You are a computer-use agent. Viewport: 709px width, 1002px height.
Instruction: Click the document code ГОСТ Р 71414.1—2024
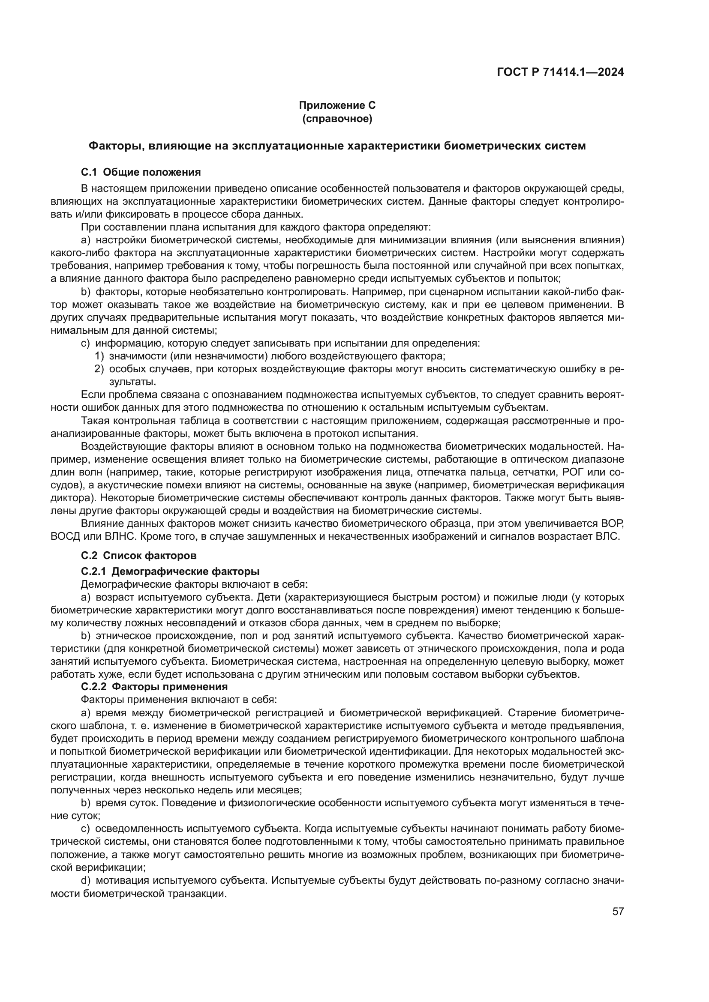(x=560, y=72)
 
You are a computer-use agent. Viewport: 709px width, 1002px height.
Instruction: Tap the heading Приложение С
(x=337, y=105)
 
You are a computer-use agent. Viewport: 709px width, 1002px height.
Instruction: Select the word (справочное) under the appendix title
(x=337, y=119)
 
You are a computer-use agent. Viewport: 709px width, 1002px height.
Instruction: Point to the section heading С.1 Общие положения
(x=141, y=172)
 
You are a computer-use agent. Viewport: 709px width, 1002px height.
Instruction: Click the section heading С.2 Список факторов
(x=138, y=556)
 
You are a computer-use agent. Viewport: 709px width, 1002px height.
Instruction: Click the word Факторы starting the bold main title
(x=115, y=146)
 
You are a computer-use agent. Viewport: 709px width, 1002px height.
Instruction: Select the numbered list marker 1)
(x=99, y=356)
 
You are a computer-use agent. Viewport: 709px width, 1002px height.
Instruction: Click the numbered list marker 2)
(x=99, y=369)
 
